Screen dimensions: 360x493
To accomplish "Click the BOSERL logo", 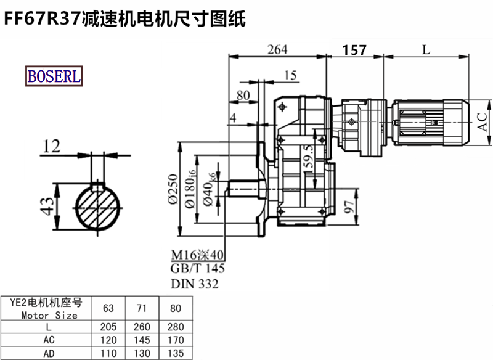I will tap(54, 76).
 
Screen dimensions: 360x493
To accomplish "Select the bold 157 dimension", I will tap(354, 50).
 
